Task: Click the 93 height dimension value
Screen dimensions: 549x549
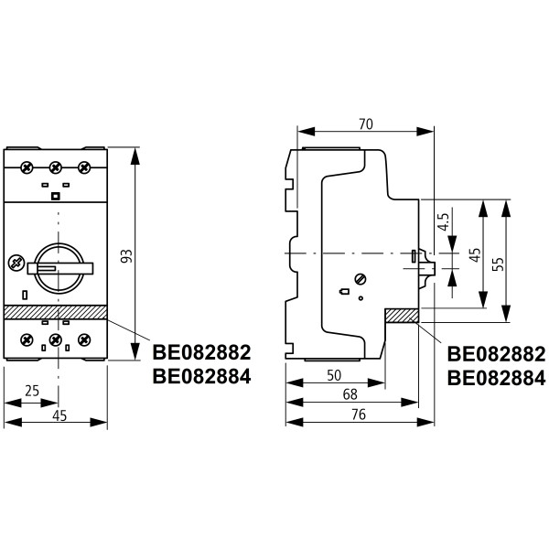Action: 127,257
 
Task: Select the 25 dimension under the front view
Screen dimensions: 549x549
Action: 31,392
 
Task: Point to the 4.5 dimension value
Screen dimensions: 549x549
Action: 443,221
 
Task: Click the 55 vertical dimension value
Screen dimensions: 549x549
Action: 498,263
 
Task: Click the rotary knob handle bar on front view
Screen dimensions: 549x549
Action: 59,267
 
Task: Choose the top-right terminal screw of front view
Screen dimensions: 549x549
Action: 84,167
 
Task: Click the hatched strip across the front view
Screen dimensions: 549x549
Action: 55,312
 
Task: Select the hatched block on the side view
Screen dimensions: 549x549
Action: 401,316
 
